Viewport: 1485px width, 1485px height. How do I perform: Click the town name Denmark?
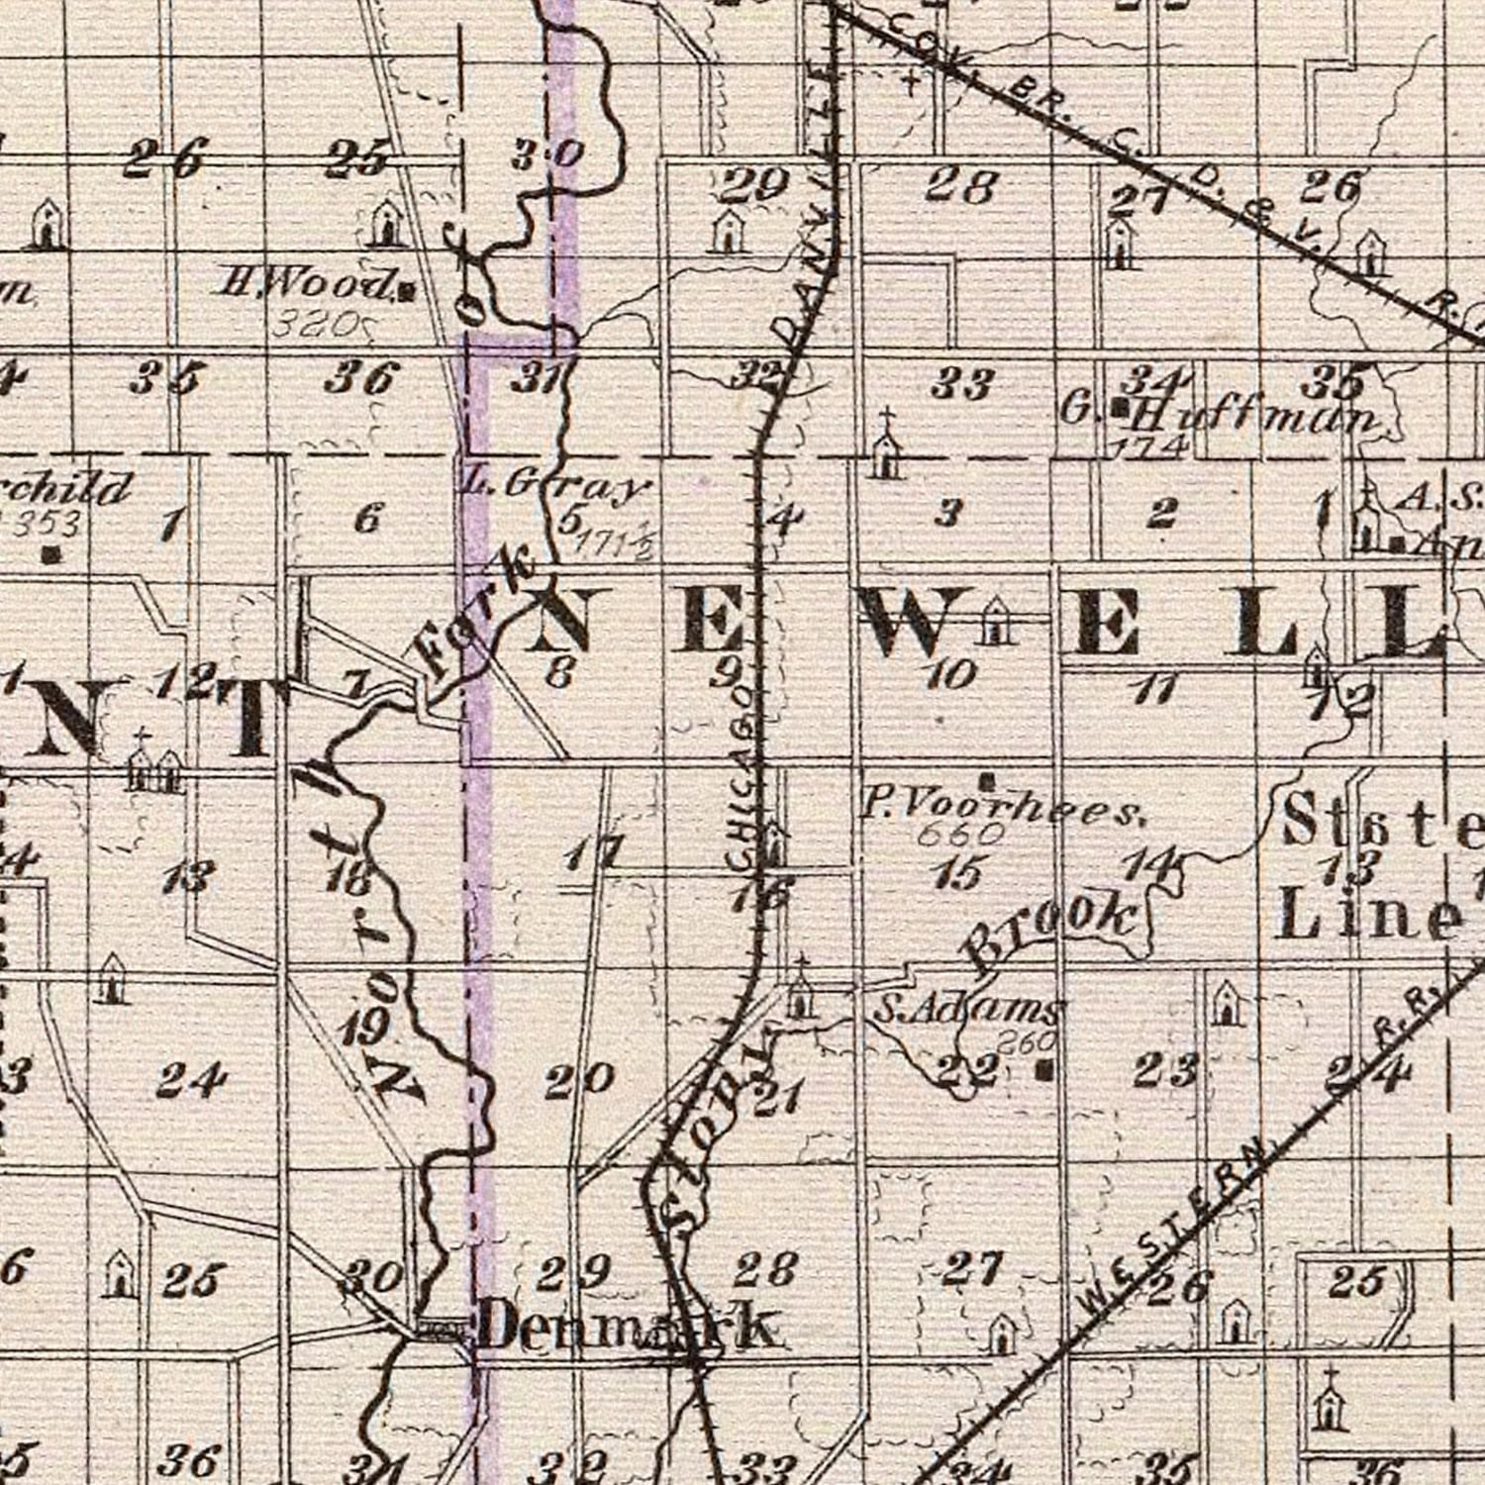(626, 1327)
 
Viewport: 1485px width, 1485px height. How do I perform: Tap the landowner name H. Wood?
(305, 285)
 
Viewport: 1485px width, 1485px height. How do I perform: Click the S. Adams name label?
(967, 1011)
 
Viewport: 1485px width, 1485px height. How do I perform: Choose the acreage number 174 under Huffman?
(1148, 446)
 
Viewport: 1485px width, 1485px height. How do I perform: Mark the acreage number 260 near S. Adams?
(1025, 1040)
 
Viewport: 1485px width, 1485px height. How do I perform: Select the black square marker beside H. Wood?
(406, 291)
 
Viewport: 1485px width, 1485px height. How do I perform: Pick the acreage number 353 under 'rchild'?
(48, 523)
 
